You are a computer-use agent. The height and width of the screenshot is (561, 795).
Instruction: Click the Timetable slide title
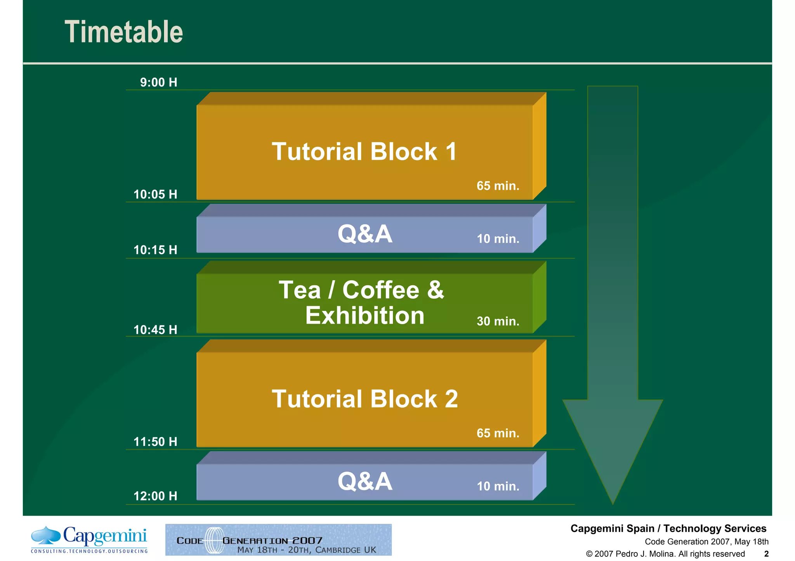tap(123, 32)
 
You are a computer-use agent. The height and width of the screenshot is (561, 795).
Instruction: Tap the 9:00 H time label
tap(158, 82)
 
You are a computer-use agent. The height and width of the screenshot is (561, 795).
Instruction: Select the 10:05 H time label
tap(155, 194)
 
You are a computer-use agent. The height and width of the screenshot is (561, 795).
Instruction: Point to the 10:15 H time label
tap(155, 250)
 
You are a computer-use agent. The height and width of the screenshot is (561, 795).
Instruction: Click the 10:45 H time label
tap(155, 330)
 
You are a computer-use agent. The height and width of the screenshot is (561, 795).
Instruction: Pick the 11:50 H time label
tap(155, 442)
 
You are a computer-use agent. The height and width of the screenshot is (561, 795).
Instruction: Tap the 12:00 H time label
tap(155, 496)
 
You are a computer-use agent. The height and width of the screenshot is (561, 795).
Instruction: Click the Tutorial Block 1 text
tap(364, 151)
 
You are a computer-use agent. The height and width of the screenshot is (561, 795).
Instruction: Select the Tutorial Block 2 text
tap(365, 399)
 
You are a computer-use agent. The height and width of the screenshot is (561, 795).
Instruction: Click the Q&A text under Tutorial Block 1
tap(365, 234)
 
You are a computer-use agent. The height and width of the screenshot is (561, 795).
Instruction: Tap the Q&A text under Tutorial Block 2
tap(365, 481)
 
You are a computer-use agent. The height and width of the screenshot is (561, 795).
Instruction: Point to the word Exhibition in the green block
tap(365, 315)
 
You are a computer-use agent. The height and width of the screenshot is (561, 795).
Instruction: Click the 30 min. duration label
tap(498, 321)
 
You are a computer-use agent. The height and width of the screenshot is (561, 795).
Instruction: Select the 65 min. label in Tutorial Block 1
tap(498, 186)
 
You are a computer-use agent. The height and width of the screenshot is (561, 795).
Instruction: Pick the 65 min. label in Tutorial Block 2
tap(498, 433)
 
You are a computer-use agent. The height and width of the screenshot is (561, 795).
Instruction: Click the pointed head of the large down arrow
tap(613, 457)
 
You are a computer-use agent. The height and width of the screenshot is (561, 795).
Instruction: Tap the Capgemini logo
tap(89, 539)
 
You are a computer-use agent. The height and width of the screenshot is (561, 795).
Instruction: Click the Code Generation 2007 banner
tap(278, 540)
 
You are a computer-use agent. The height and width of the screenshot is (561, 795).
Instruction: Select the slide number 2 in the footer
tap(766, 554)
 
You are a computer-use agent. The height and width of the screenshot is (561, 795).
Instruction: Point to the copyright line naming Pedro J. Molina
tap(665, 554)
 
